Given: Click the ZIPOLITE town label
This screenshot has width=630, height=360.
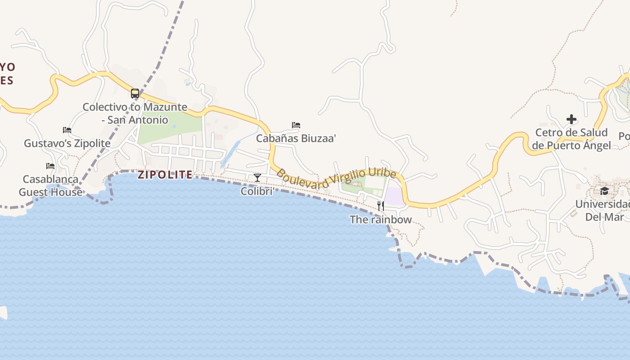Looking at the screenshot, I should point(165,175).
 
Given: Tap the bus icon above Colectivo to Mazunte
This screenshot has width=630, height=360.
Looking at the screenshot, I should point(135,94).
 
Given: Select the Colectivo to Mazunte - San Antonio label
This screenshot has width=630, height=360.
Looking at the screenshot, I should point(135,113).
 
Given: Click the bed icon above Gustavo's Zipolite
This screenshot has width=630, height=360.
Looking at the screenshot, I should point(67,130).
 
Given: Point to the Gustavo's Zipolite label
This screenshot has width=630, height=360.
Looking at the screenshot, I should point(67,143).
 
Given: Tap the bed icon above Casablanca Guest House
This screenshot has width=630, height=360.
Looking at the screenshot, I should point(50,166).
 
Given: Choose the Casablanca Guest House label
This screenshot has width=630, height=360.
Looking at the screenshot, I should point(50,185).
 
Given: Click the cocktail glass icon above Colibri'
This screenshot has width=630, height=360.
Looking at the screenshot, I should point(257,178).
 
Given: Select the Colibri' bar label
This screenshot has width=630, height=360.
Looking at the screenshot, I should point(257,191).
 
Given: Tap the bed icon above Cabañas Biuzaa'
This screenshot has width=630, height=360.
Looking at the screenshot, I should point(296,125).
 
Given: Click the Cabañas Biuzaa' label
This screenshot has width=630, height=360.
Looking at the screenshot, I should point(296,138).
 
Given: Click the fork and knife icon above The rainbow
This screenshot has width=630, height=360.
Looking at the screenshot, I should point(381,206).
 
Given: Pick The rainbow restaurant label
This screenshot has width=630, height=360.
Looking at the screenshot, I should point(381,220).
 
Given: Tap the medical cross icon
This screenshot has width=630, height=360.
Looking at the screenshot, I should point(571,119).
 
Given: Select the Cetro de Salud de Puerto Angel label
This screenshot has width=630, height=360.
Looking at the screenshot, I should point(571,139).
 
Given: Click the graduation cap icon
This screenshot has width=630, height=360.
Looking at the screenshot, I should point(604,191).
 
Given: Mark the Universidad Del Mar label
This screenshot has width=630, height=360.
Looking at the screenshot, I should point(604,210).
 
